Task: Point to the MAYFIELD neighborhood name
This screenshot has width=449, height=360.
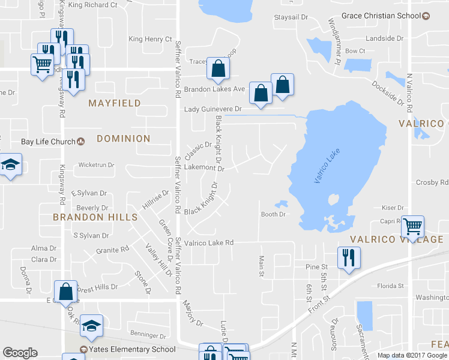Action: point(115,103)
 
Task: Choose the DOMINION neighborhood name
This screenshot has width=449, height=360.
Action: point(123,139)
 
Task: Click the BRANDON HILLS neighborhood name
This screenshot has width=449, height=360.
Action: point(95,217)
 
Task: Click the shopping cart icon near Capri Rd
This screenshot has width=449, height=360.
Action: point(412,226)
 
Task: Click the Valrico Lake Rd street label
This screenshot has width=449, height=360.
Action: point(208,243)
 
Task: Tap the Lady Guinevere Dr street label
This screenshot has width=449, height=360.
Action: point(212,109)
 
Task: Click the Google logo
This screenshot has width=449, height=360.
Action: point(20,353)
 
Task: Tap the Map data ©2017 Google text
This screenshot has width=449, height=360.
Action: point(412,355)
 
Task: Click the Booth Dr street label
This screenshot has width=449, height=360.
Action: point(272,214)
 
